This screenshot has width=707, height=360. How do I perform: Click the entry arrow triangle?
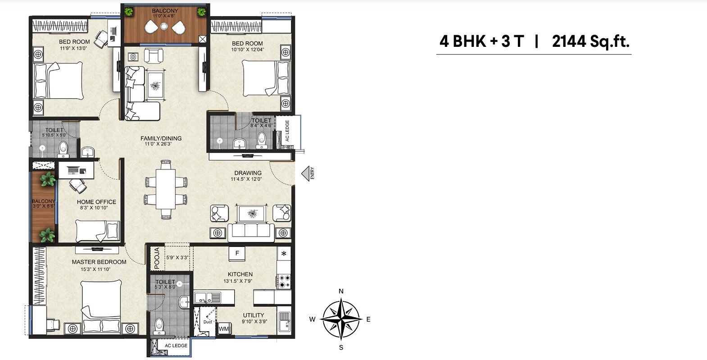(x=305, y=173)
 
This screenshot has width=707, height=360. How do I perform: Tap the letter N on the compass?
(x=341, y=291)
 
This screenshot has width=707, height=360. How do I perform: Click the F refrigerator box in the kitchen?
(x=237, y=254)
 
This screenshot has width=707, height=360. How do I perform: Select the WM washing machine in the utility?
(x=223, y=329)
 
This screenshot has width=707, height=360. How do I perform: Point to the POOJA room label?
(x=157, y=259)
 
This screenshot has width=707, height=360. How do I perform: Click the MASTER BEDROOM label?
(x=99, y=262)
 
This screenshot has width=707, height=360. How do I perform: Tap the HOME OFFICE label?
(x=96, y=202)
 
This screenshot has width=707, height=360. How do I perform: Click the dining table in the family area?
(x=166, y=189)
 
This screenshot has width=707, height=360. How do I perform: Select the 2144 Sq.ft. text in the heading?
(x=590, y=41)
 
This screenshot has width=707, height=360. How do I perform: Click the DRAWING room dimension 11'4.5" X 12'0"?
(x=246, y=179)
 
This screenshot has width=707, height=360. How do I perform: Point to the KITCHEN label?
(x=240, y=274)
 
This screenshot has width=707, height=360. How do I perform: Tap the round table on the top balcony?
(x=163, y=26)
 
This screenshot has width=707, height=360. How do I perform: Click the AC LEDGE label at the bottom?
(x=176, y=346)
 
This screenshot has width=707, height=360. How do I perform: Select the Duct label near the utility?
(x=208, y=322)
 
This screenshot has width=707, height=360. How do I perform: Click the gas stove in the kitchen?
(x=283, y=281)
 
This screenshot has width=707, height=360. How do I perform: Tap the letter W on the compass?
(x=313, y=319)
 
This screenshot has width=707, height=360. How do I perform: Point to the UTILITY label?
(x=254, y=315)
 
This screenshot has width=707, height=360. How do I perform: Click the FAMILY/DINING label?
(x=161, y=138)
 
